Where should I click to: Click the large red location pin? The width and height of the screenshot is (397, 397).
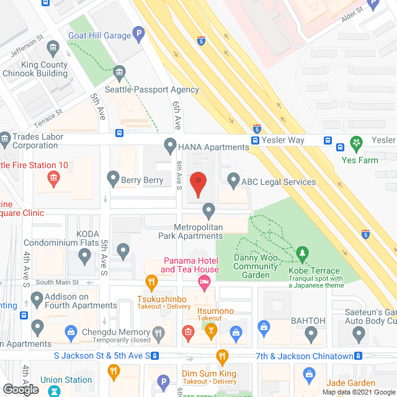point(198,184)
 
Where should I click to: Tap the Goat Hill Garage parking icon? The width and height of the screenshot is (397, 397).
point(140,34)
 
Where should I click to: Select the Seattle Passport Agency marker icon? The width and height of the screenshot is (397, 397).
point(120,74)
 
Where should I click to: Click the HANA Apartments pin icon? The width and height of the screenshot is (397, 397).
point(169,146)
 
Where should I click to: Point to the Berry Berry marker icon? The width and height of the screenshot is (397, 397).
point(113,180)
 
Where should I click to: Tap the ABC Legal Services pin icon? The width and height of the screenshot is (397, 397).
point(233,181)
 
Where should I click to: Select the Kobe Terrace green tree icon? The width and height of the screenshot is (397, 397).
point(302,254)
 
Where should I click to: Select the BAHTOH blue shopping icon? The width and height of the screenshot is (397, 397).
point(263,326)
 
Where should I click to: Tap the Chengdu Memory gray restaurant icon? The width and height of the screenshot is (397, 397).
point(159,332)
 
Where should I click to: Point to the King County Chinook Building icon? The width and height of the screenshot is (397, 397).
point(53,48)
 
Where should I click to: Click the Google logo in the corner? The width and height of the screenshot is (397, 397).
point(20,390)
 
